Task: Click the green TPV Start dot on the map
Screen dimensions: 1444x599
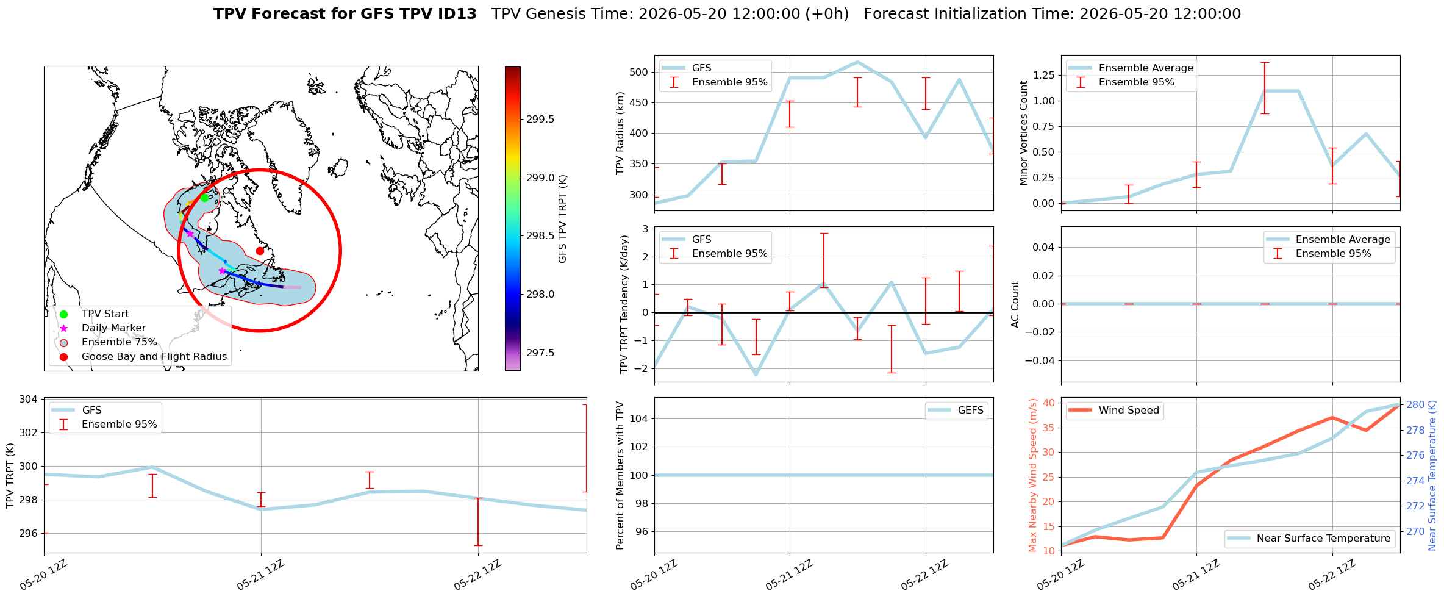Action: coord(204,198)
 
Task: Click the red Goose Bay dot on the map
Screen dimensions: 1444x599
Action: coord(260,251)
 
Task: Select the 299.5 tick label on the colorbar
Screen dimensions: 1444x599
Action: coord(541,119)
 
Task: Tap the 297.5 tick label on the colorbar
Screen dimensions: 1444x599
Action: coord(541,353)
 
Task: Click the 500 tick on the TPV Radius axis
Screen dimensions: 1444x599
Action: coord(639,72)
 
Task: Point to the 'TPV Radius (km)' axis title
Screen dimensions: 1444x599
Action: coord(620,133)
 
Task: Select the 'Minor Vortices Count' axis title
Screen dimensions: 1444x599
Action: coord(1023,133)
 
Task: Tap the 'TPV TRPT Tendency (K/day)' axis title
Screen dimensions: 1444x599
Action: coord(624,304)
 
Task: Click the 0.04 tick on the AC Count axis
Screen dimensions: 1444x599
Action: coord(1043,247)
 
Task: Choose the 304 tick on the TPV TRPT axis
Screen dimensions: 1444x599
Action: coord(29,399)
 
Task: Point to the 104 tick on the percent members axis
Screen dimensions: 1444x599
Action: coord(639,418)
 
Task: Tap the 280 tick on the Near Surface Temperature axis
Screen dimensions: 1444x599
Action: coord(1416,404)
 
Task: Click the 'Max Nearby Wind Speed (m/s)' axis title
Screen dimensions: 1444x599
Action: coord(1032,475)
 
